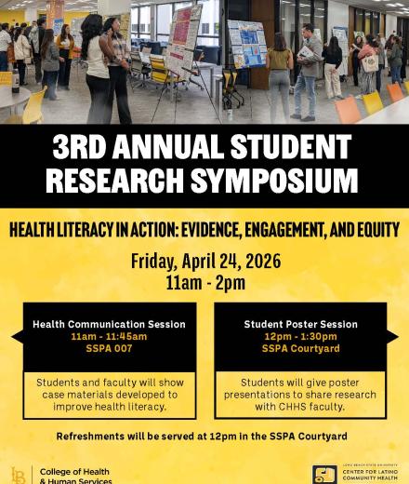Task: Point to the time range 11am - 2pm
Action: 204,282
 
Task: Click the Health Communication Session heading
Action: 109,324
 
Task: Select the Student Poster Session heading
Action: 300,324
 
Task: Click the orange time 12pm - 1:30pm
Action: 300,336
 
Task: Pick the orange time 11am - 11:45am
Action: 109,336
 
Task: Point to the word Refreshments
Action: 94,436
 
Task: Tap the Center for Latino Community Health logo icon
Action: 324,475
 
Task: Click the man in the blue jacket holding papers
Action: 308,70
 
